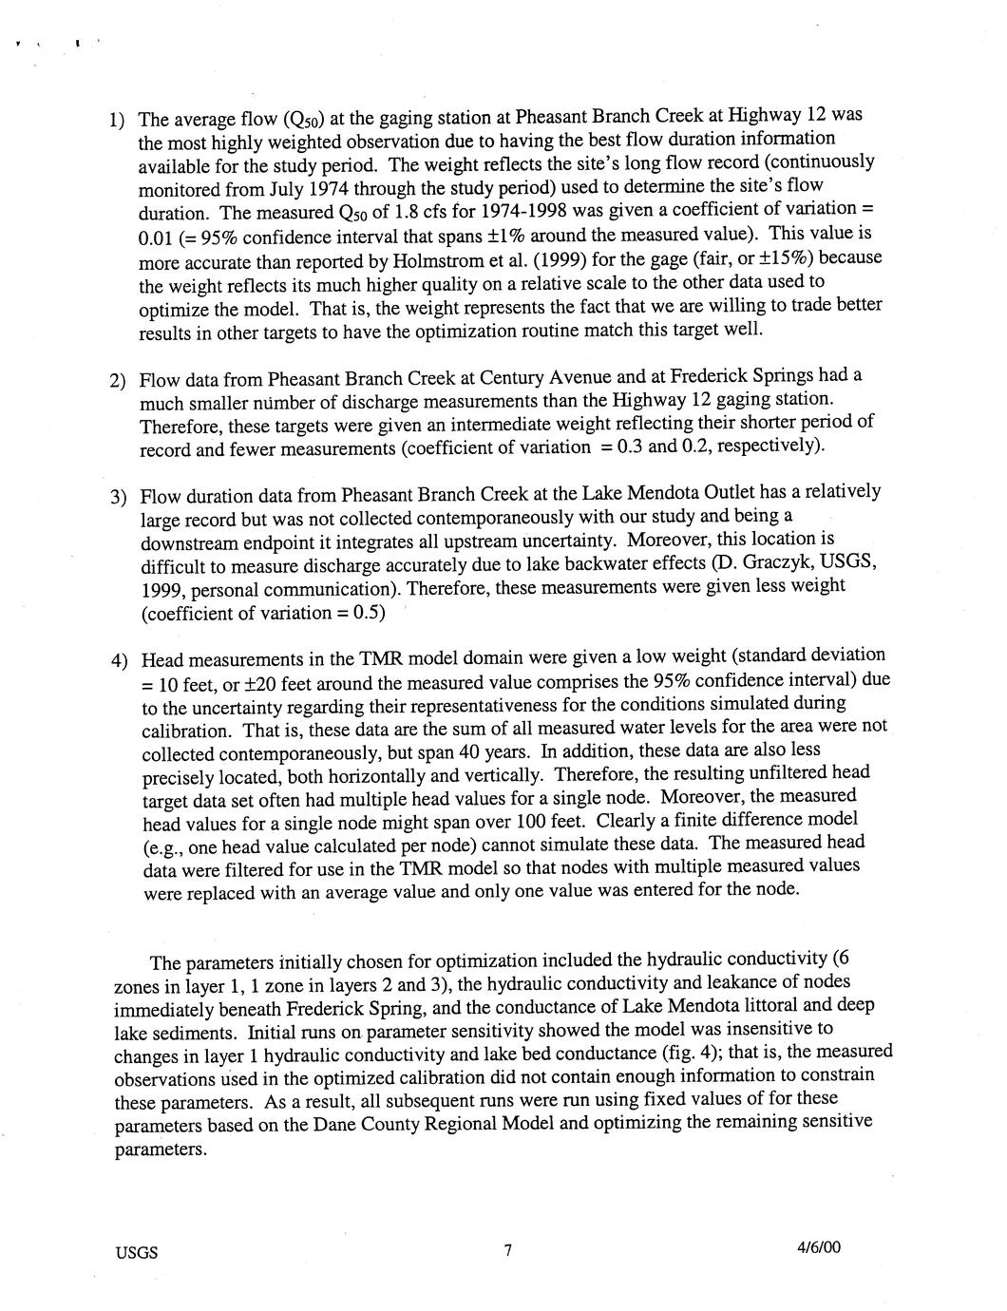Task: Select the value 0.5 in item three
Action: [366, 613]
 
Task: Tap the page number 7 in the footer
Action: [508, 1251]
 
